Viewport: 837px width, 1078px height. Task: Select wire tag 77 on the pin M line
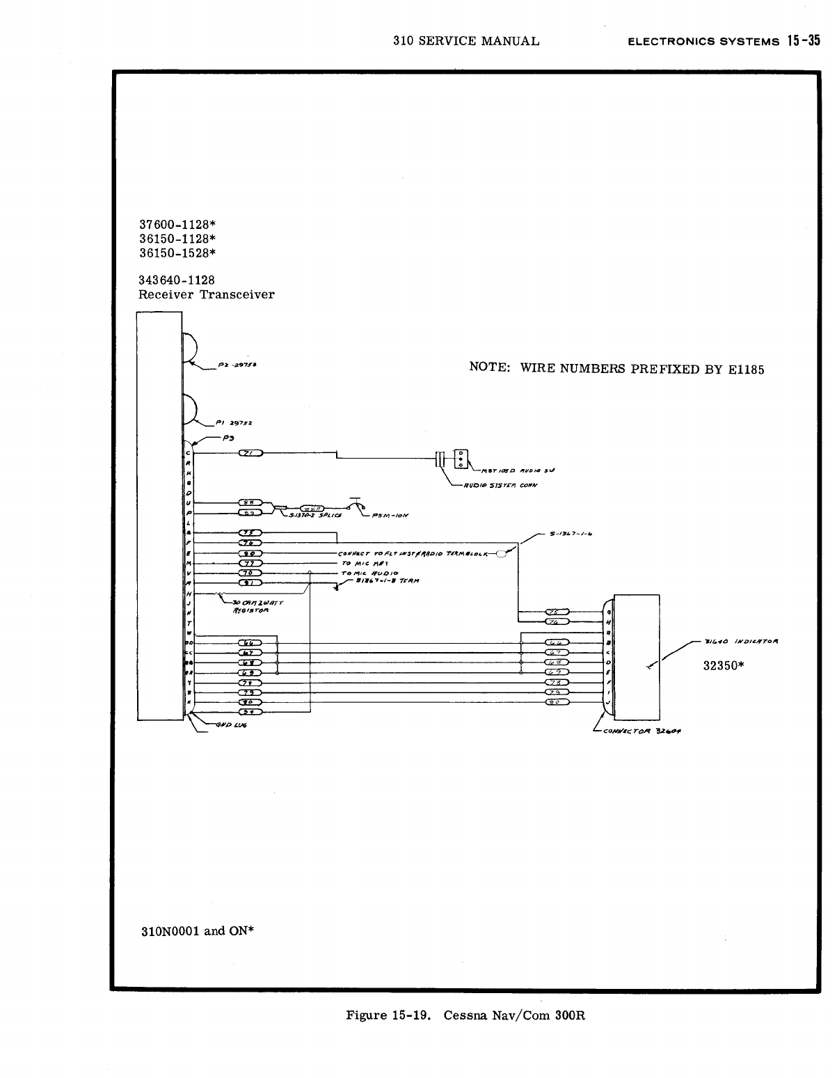(x=249, y=563)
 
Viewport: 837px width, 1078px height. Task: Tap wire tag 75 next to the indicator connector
(x=557, y=612)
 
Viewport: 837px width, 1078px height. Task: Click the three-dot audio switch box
(x=461, y=459)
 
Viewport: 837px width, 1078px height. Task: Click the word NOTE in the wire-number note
(x=490, y=367)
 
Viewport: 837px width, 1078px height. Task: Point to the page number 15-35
(x=802, y=40)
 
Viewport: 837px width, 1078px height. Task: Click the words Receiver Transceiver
(x=207, y=294)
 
